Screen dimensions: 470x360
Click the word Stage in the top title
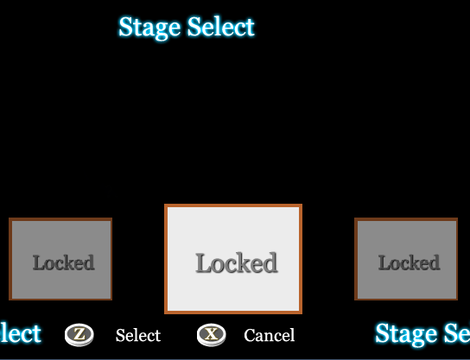(x=149, y=28)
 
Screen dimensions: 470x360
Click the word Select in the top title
(x=221, y=27)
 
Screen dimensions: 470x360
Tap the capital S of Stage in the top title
(x=126, y=27)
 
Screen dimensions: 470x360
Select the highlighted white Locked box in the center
(x=233, y=259)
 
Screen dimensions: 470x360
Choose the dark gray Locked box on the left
(x=60, y=259)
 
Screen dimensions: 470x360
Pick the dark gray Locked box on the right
(x=406, y=259)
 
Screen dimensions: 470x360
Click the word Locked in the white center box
(x=237, y=262)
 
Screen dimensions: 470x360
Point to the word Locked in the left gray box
(x=64, y=262)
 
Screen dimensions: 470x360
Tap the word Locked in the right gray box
(x=410, y=262)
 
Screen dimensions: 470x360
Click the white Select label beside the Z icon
(x=138, y=335)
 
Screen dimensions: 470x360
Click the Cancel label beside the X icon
(x=270, y=335)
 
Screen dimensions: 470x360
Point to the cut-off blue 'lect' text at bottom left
(x=21, y=333)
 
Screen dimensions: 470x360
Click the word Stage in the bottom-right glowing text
(x=406, y=334)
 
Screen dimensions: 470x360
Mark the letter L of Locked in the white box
(x=203, y=263)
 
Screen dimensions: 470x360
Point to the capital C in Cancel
(x=251, y=335)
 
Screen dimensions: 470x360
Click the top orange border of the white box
(x=233, y=205)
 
